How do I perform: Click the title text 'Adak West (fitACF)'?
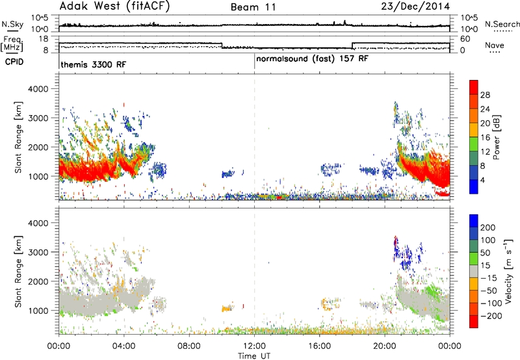click(114, 6)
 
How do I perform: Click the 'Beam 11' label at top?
click(253, 7)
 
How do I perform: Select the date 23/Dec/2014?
click(415, 6)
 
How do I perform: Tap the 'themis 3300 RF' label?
click(94, 64)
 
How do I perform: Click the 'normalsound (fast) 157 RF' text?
click(312, 58)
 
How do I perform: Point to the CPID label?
click(14, 62)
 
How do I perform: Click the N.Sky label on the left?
click(12, 24)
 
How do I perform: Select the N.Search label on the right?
click(502, 24)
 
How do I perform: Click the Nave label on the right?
click(495, 45)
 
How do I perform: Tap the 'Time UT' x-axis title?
click(254, 356)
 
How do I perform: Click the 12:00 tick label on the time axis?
click(254, 346)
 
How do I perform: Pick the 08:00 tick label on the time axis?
click(189, 346)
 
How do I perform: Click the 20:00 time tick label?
click(385, 346)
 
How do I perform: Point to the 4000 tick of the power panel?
click(38, 89)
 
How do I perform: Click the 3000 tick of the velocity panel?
click(38, 252)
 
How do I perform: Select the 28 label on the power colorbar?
click(485, 95)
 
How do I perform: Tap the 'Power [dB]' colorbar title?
click(496, 137)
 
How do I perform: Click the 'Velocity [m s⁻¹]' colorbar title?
click(508, 271)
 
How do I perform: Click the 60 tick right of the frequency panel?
click(465, 39)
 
